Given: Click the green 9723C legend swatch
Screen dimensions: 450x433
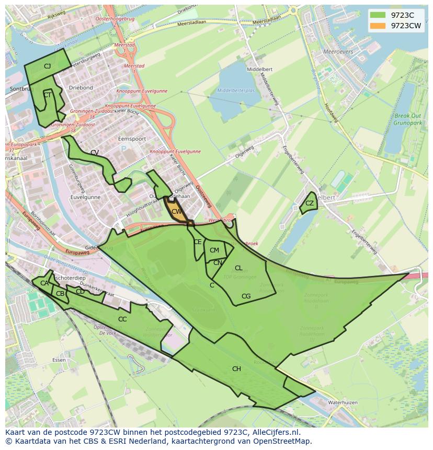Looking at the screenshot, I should coord(377,15).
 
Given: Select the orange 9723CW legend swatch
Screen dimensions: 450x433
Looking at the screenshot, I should coord(377,26).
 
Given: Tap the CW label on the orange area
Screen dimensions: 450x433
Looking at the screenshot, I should coord(176,212).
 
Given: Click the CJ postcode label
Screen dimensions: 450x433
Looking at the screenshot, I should coord(47,66).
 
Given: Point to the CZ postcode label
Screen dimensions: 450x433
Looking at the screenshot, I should coord(310,203).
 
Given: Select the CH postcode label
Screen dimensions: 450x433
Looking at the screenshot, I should coord(236,369).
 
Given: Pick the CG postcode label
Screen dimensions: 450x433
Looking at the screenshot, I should coord(246,296).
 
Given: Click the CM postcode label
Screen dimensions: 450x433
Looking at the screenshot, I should coord(214,250).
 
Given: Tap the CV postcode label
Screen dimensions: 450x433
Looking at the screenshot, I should coord(95,153).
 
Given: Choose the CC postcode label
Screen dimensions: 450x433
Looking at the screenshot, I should coord(122,319).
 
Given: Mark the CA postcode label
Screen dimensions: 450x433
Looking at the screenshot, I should coord(44,283).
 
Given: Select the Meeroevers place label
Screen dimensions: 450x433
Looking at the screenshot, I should coord(338,52).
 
